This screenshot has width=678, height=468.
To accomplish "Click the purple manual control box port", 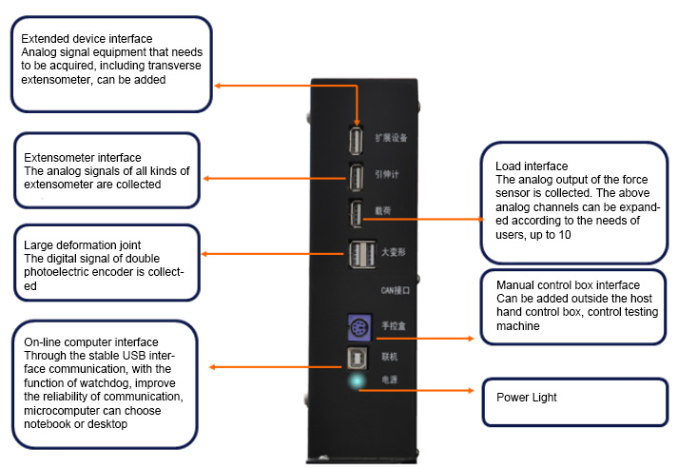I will click(357, 326).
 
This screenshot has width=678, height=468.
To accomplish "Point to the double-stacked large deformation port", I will click(358, 254).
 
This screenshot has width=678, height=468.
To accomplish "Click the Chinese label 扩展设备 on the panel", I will click(391, 138).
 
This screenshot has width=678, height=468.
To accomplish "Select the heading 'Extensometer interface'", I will click(83, 157).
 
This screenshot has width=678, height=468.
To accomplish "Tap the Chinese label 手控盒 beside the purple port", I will click(393, 325).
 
